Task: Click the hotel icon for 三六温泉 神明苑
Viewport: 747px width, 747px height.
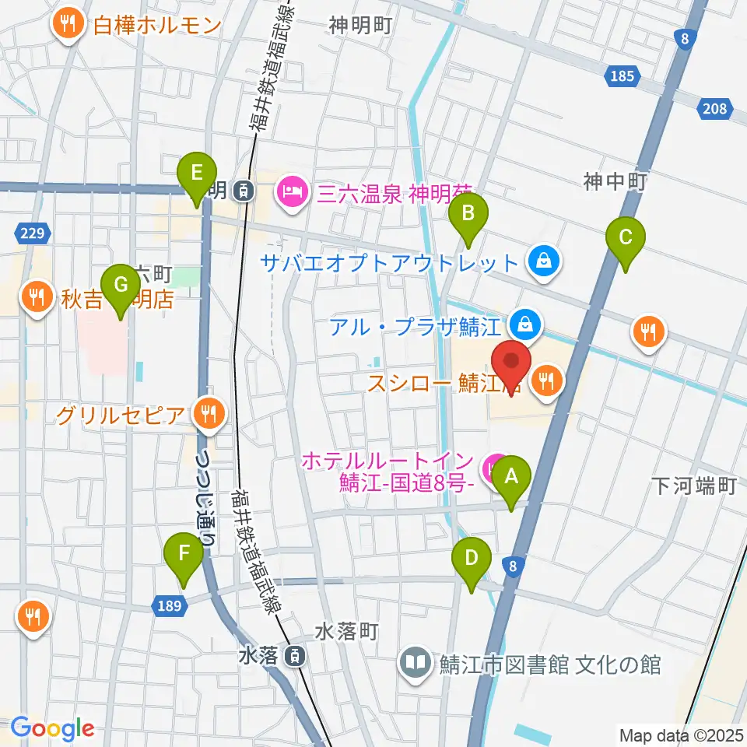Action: point(293,189)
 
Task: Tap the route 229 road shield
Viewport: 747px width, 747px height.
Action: point(33,232)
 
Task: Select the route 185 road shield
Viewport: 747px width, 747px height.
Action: point(623,76)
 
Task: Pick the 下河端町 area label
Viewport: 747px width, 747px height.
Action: point(693,486)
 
